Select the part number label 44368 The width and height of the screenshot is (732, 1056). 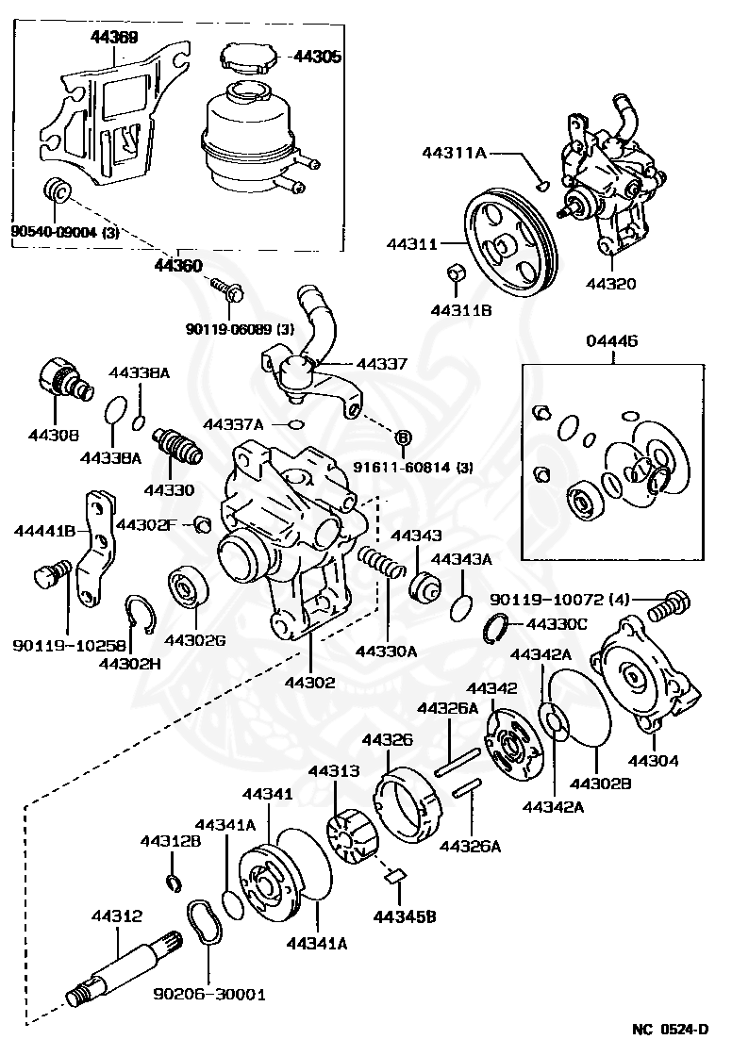pyautogui.click(x=114, y=37)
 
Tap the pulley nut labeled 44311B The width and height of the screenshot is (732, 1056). pyautogui.click(x=455, y=274)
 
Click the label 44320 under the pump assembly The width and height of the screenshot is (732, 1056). pyautogui.click(x=610, y=284)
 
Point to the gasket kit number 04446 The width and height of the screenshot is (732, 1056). pyautogui.click(x=611, y=340)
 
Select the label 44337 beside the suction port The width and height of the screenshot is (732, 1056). pyautogui.click(x=382, y=364)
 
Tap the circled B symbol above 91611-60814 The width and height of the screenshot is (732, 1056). pyautogui.click(x=403, y=437)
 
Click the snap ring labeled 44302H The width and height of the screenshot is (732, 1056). pyautogui.click(x=141, y=614)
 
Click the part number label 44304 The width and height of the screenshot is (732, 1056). pyautogui.click(x=653, y=760)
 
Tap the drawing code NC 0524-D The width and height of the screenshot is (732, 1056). pyautogui.click(x=671, y=1029)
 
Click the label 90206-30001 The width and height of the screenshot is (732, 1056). pyautogui.click(x=209, y=994)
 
